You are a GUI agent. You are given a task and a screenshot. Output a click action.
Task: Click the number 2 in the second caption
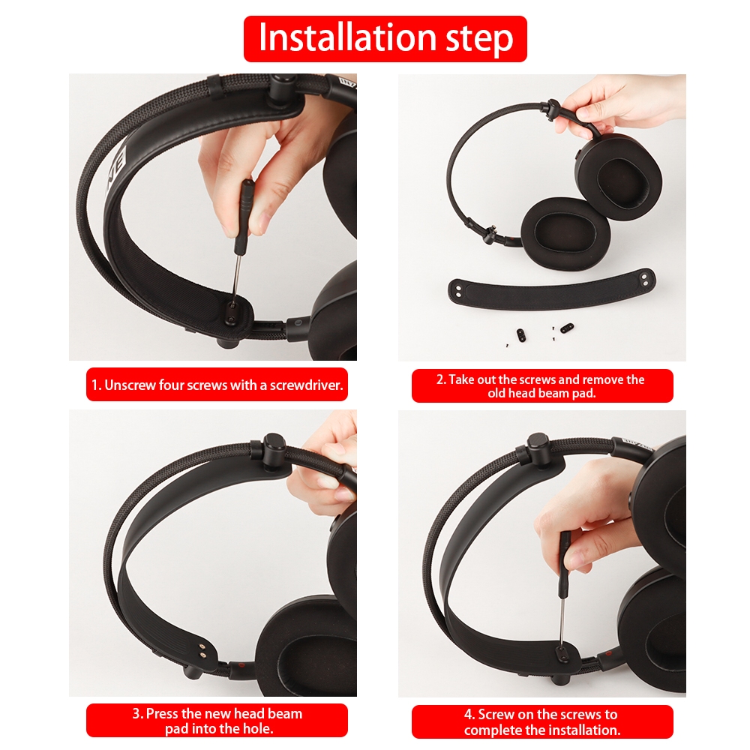440,379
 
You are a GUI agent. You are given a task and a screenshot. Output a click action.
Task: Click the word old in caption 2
496,394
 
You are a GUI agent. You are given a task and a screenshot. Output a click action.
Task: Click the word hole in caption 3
258,729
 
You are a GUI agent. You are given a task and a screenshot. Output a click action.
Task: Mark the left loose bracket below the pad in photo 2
521,334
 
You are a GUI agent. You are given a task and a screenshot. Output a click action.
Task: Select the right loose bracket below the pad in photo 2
566,328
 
